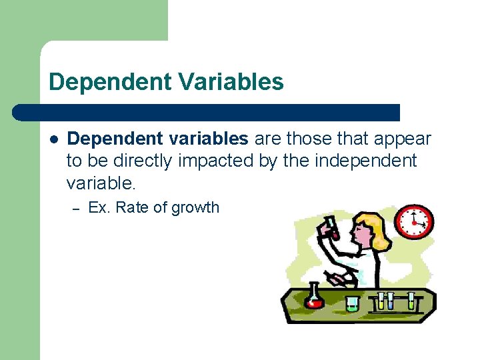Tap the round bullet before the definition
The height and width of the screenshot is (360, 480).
tap(55, 139)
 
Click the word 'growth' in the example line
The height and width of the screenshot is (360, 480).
tap(195, 208)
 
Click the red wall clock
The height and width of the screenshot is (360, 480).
tap(414, 221)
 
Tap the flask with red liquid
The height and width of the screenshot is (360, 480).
tap(313, 297)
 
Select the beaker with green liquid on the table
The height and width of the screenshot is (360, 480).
tap(352, 303)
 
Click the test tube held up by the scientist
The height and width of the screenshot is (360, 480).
tap(331, 227)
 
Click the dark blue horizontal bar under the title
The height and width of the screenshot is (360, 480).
tap(207, 113)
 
